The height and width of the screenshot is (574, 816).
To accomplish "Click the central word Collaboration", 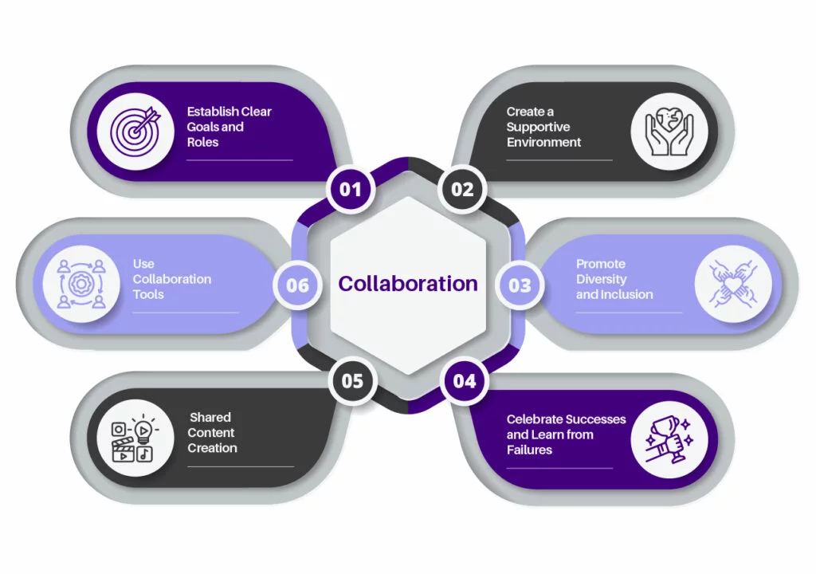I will click(x=408, y=284).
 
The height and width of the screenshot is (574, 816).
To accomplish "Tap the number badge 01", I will click(x=351, y=190).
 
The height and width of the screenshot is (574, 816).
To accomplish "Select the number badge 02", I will click(x=462, y=190).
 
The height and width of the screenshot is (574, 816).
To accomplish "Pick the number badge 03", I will click(x=520, y=285).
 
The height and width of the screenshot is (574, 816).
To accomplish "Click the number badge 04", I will click(x=464, y=381).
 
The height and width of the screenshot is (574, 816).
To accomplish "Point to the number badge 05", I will click(x=352, y=381).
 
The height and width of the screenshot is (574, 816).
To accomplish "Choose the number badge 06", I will click(x=297, y=285).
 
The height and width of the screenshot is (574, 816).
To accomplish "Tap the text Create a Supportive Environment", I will click(x=543, y=127).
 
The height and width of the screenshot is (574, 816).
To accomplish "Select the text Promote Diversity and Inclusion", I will click(x=614, y=279).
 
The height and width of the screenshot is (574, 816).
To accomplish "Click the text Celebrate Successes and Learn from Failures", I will click(x=566, y=434).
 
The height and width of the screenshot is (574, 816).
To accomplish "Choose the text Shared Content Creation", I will click(x=212, y=433).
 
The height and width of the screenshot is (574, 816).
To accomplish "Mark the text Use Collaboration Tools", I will click(x=171, y=279).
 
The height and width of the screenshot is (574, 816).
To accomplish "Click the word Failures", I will click(x=529, y=450).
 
